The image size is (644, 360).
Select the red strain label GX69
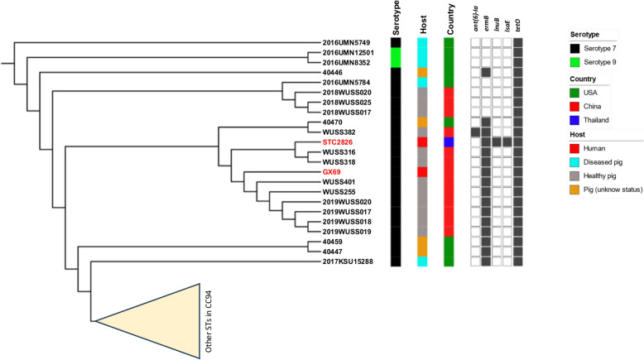click(333, 171)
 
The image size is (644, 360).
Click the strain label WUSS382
click(339, 132)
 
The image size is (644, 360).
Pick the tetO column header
click(518, 23)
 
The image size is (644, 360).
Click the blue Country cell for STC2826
click(449, 142)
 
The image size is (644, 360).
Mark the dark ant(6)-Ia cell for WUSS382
click(475, 132)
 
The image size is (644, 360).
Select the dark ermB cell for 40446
click(486, 72)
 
